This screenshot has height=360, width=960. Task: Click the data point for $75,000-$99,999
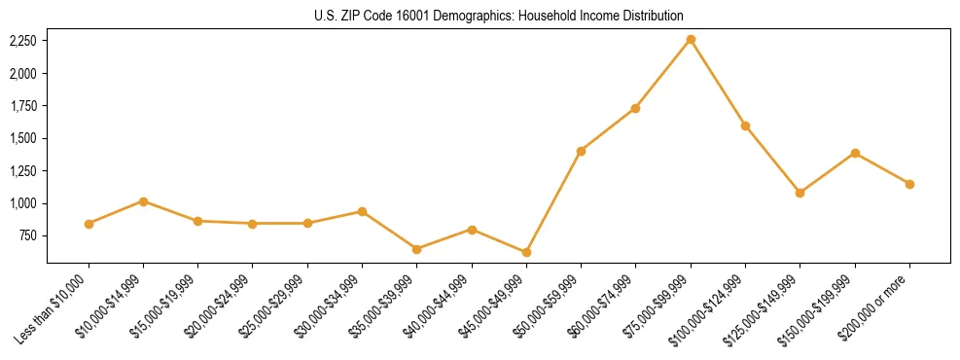click(691, 39)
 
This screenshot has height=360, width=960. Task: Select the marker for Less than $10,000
click(89, 224)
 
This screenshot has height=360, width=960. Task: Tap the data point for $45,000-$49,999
click(526, 252)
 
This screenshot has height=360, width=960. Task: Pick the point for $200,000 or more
click(909, 184)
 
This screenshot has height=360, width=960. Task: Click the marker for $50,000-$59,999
click(581, 151)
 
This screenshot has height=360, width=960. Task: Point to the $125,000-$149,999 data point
click(800, 193)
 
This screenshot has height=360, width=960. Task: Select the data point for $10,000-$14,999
click(143, 201)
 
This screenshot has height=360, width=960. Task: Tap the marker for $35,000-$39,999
click(417, 249)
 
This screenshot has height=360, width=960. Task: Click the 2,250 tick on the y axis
click(22, 41)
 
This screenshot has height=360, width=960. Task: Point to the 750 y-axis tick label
click(28, 235)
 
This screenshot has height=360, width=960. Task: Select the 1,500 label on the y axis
click(22, 138)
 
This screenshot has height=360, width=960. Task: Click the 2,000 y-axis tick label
click(22, 73)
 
